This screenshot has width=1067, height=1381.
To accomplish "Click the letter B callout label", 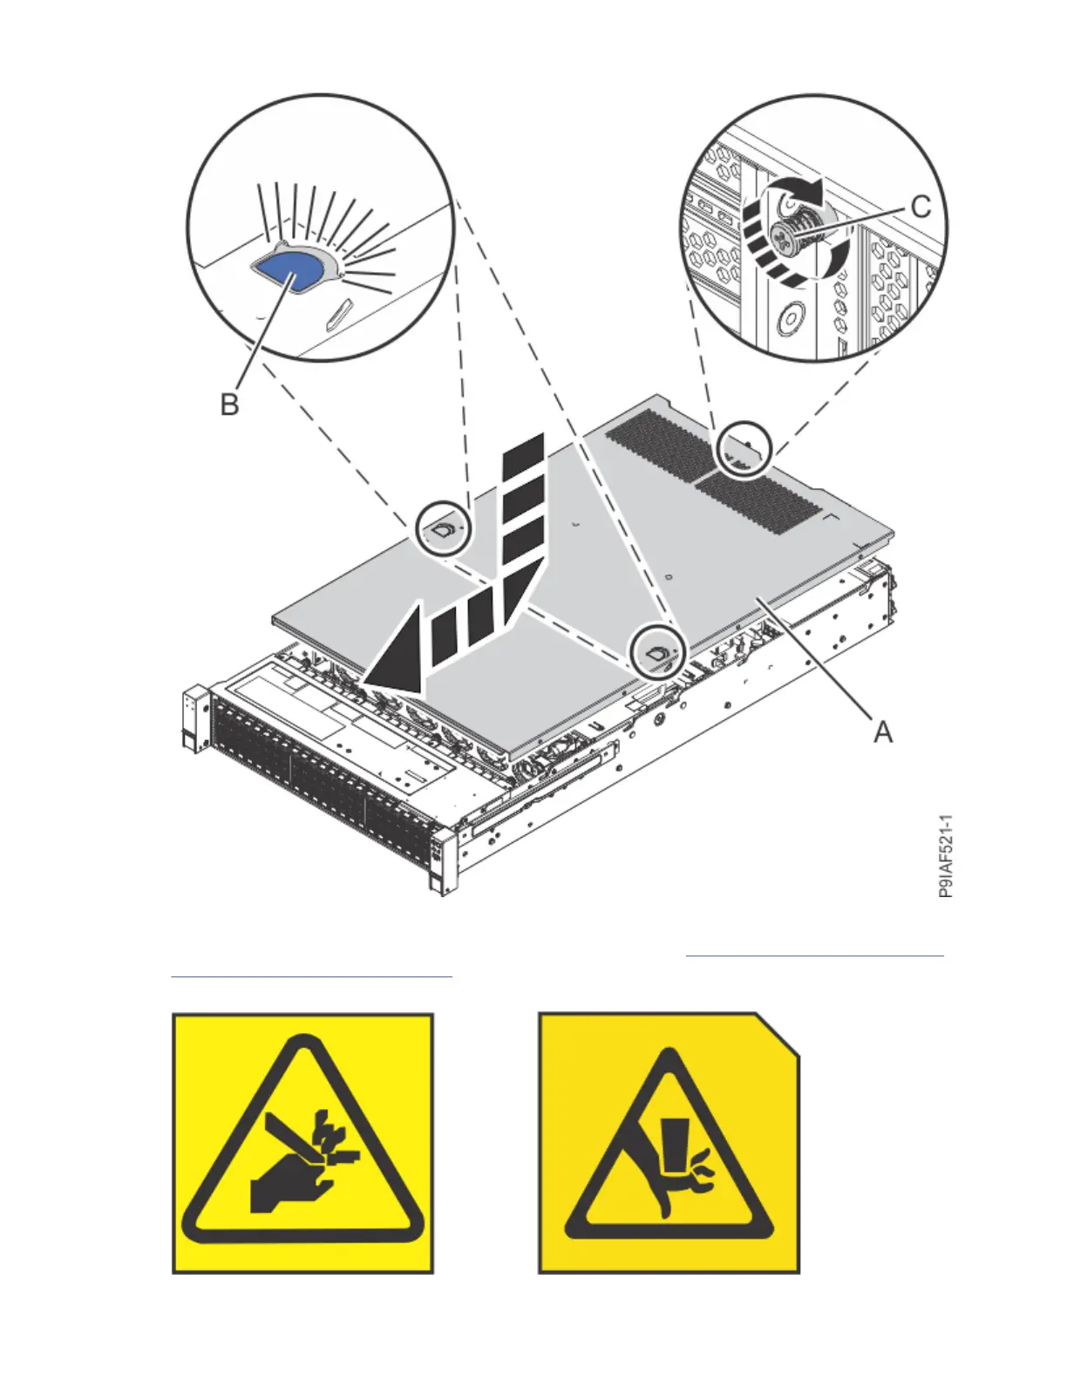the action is coord(229,405).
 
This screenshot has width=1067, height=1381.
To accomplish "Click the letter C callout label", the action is coord(920,207).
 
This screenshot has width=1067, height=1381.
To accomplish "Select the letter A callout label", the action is coord(883,732).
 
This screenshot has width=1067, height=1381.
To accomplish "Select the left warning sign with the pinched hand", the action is coord(302,1142).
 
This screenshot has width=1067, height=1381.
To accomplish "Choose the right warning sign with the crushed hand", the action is coord(669,1142).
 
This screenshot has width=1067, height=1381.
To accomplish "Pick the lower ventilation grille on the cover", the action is coord(761,500).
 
